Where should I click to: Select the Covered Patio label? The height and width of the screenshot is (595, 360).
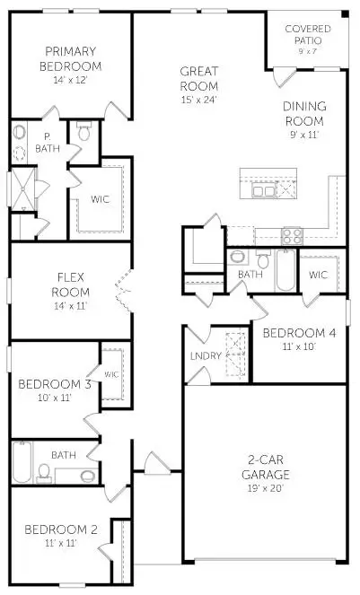coord(308,34)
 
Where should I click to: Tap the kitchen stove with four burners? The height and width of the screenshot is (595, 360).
coord(293,237)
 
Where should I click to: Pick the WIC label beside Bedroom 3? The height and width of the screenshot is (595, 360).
coord(111,374)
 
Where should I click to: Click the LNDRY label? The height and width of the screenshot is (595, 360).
coord(201,357)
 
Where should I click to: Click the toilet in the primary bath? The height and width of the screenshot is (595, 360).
coord(85,133)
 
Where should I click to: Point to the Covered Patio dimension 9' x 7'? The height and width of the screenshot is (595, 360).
coord(308,50)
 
